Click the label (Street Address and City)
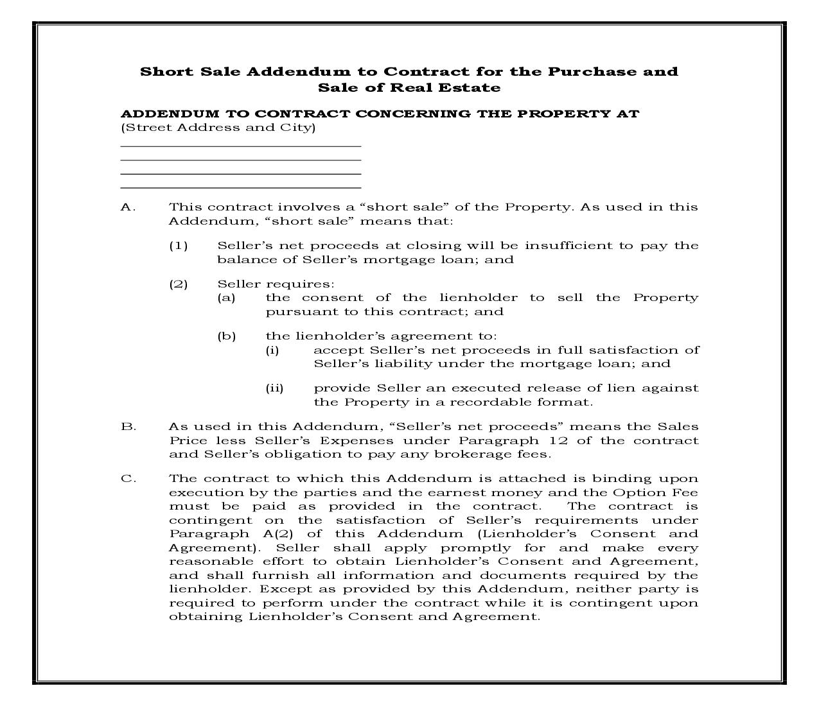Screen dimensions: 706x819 pos(218,128)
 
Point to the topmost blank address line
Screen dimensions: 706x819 pos(241,146)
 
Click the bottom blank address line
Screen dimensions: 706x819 pos(241,188)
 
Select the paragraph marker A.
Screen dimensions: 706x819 pos(128,207)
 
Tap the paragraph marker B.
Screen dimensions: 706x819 pos(128,427)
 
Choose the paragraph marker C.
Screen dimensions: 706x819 pos(128,479)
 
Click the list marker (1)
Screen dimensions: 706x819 pos(178,246)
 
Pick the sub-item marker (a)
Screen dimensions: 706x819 pos(226,298)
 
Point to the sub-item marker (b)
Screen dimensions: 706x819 pos(226,336)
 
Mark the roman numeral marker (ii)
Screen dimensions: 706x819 pos(274,388)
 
